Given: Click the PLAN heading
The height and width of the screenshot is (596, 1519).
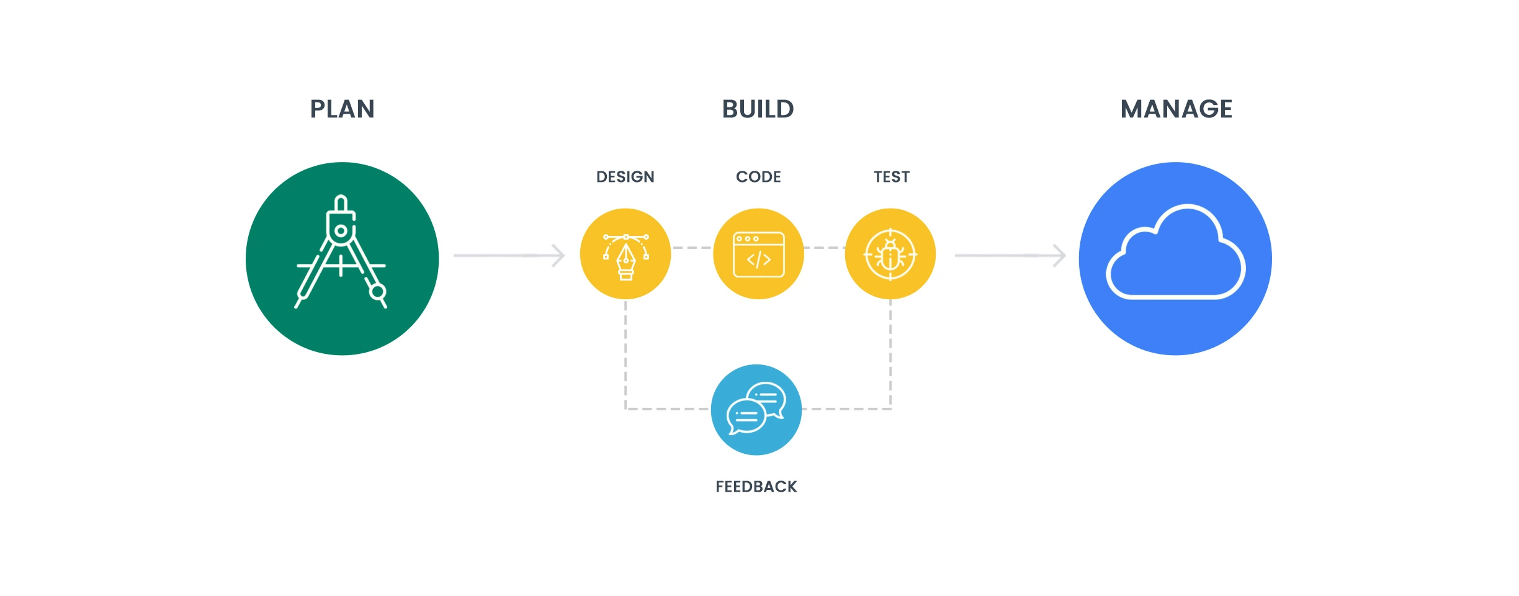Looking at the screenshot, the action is (x=343, y=109).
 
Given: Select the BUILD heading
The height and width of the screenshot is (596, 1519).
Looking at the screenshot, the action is (x=758, y=109).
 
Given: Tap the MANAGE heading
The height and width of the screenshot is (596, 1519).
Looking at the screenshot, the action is (x=1176, y=109).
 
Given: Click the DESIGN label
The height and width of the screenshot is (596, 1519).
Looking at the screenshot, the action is (x=625, y=177).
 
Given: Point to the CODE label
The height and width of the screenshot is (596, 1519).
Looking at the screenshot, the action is (x=758, y=177).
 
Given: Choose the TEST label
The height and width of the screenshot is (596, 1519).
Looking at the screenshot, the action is (x=892, y=177).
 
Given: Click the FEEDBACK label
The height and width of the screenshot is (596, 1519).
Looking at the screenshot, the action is (x=756, y=487).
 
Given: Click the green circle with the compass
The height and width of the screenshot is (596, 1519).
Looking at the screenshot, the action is (x=342, y=259).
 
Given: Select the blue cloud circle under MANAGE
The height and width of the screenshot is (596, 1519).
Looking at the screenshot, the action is (x=1175, y=259).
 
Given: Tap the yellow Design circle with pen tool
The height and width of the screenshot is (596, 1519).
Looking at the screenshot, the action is (x=625, y=254).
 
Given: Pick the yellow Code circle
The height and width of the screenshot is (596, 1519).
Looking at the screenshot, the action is (x=758, y=254).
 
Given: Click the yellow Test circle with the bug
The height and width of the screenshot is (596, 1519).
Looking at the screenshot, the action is (x=890, y=254).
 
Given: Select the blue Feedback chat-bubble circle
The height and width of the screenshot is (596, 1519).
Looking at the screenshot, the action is (x=756, y=410).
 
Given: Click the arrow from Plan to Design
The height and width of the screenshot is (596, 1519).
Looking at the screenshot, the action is (x=509, y=255).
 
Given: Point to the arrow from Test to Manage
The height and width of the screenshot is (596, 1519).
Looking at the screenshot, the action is (x=1011, y=255).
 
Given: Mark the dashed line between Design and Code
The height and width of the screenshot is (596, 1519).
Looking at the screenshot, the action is (x=692, y=248).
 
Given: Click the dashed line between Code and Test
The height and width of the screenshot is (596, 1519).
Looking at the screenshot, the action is (x=824, y=248).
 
